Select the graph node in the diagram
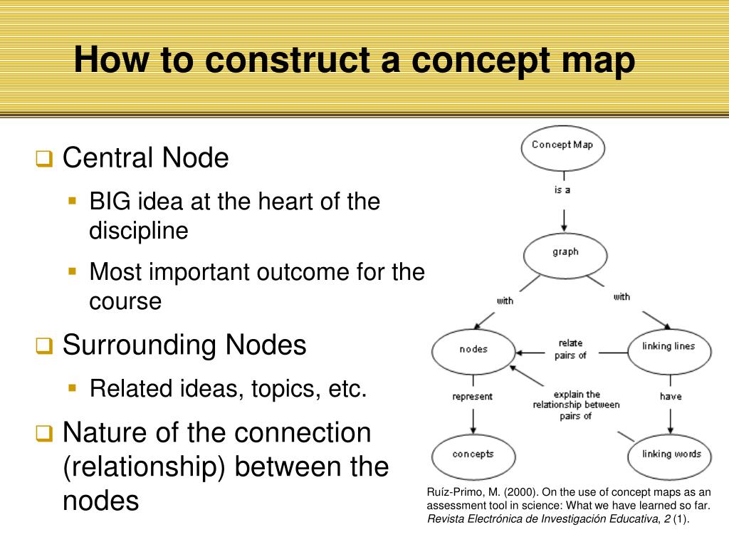click(x=565, y=252)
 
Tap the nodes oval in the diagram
click(x=473, y=350)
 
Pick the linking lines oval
click(x=668, y=347)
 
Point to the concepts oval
click(x=473, y=454)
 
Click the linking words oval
click(x=671, y=454)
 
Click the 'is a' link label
click(x=562, y=190)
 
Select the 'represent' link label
click(x=472, y=397)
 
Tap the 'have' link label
click(x=671, y=397)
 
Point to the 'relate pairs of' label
click(x=570, y=349)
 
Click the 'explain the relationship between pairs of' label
click(x=576, y=405)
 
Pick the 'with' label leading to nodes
click(x=505, y=301)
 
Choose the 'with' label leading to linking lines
click(x=622, y=296)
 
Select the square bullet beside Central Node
click(x=44, y=159)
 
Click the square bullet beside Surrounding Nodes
click(x=44, y=346)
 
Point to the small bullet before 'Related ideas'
click(x=72, y=388)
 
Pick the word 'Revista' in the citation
click(x=446, y=519)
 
